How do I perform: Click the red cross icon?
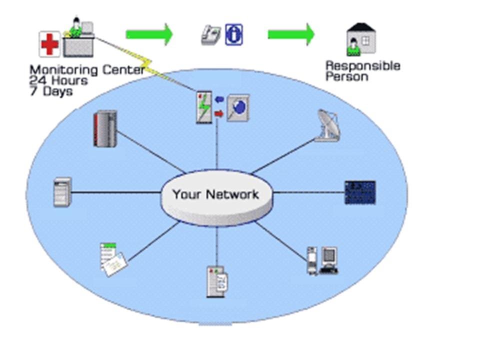pos(49,44)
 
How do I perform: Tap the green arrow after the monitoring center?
pos(149,34)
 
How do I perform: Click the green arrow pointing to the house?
pos(291,34)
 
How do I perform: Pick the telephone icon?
pos(211,35)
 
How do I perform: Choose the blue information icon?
pos(233,34)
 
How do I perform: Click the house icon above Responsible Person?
pos(361,39)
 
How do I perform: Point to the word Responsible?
pos(362,66)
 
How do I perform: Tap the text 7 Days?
pos(50,91)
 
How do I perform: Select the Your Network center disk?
pos(216,197)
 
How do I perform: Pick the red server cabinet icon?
pos(105,128)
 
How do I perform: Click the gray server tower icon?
pos(62,191)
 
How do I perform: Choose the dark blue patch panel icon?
pos(360,192)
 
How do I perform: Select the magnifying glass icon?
pos(238,107)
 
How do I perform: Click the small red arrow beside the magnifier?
pos(218,114)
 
